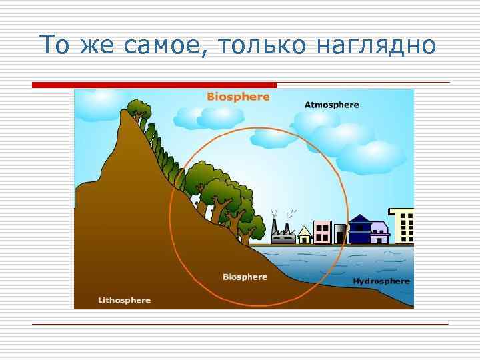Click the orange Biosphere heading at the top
[x=238, y=97]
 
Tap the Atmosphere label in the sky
[x=331, y=105]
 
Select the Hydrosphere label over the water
[x=381, y=281]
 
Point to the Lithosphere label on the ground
[x=124, y=300]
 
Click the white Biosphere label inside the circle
[x=245, y=277]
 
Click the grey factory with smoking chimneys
[x=283, y=235]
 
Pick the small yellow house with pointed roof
[x=305, y=235]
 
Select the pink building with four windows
[x=323, y=232]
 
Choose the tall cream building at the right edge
[x=402, y=226]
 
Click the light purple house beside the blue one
[x=379, y=233]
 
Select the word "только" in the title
[x=261, y=45]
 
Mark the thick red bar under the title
[x=154, y=85]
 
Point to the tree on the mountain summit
[x=139, y=109]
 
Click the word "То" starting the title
[x=55, y=45]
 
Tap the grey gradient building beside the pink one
[x=340, y=233]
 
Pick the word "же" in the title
[x=96, y=45]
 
